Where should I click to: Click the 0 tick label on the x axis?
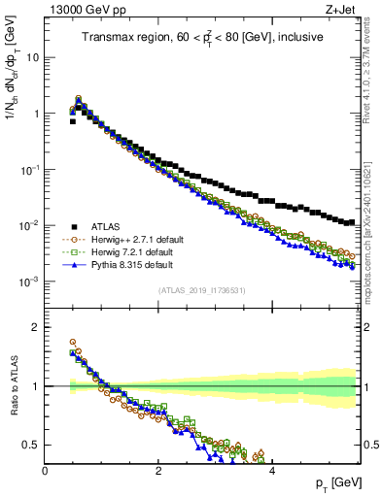click(45, 470)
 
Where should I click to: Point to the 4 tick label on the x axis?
click(271, 470)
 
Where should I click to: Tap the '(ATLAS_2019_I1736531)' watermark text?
click(203, 290)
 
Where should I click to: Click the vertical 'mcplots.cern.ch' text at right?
click(374, 233)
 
